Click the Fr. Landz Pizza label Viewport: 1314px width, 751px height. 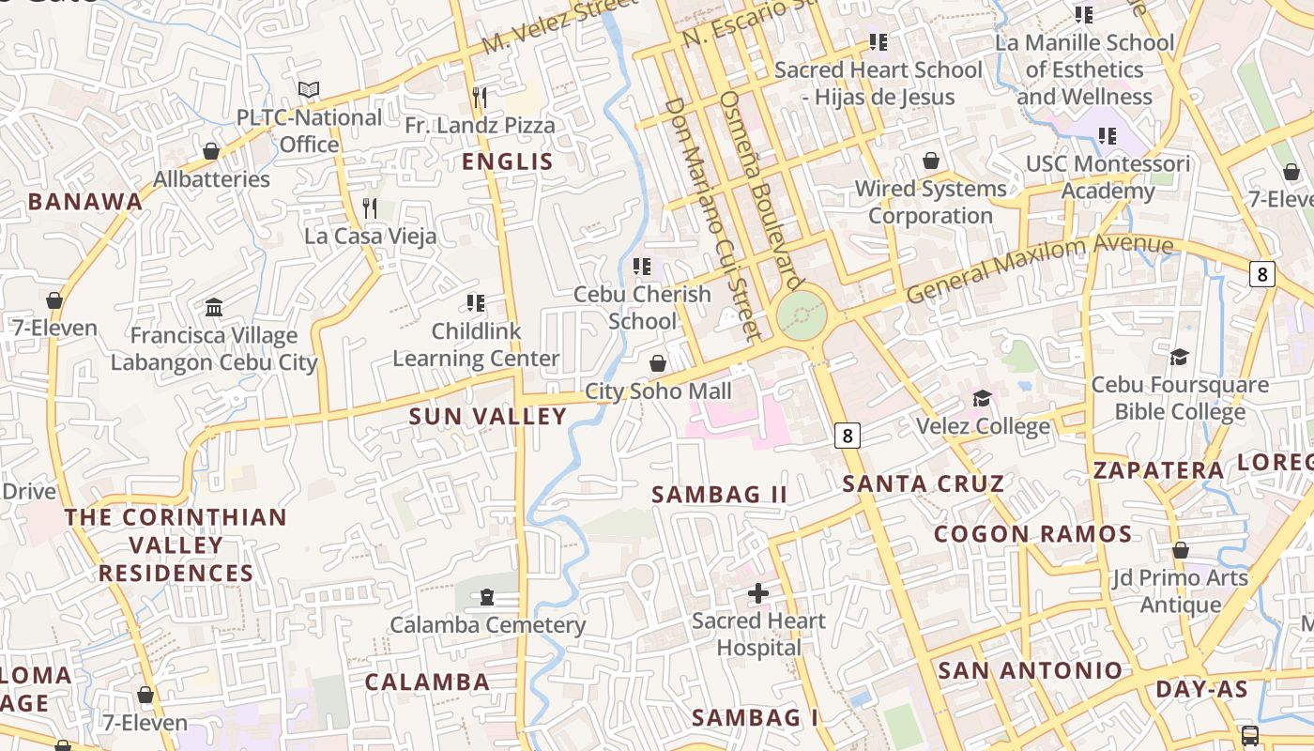point(480,125)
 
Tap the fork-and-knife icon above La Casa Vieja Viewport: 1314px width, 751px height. point(370,207)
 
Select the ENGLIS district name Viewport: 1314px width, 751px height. point(508,161)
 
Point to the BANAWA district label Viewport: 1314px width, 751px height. point(85,201)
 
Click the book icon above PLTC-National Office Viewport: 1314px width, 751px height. point(309,90)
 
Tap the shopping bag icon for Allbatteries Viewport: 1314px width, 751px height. point(211,151)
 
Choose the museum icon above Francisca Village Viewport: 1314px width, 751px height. point(214,307)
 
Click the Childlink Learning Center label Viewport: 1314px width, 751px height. point(476,345)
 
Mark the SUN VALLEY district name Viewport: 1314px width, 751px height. point(488,416)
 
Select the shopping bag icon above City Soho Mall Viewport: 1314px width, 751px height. point(658,363)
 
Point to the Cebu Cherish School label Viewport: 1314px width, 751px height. point(642,308)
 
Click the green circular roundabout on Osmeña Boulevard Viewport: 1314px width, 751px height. point(802,316)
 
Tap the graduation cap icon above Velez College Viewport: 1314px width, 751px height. point(982,399)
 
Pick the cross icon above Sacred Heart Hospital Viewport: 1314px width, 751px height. point(758,593)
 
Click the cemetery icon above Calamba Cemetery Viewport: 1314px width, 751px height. point(487,597)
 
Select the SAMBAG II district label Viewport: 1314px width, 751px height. point(720,494)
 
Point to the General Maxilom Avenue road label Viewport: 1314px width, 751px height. point(1040,269)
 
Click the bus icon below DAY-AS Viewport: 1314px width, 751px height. point(1249,735)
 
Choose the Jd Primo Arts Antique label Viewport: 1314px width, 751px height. point(1181,591)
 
